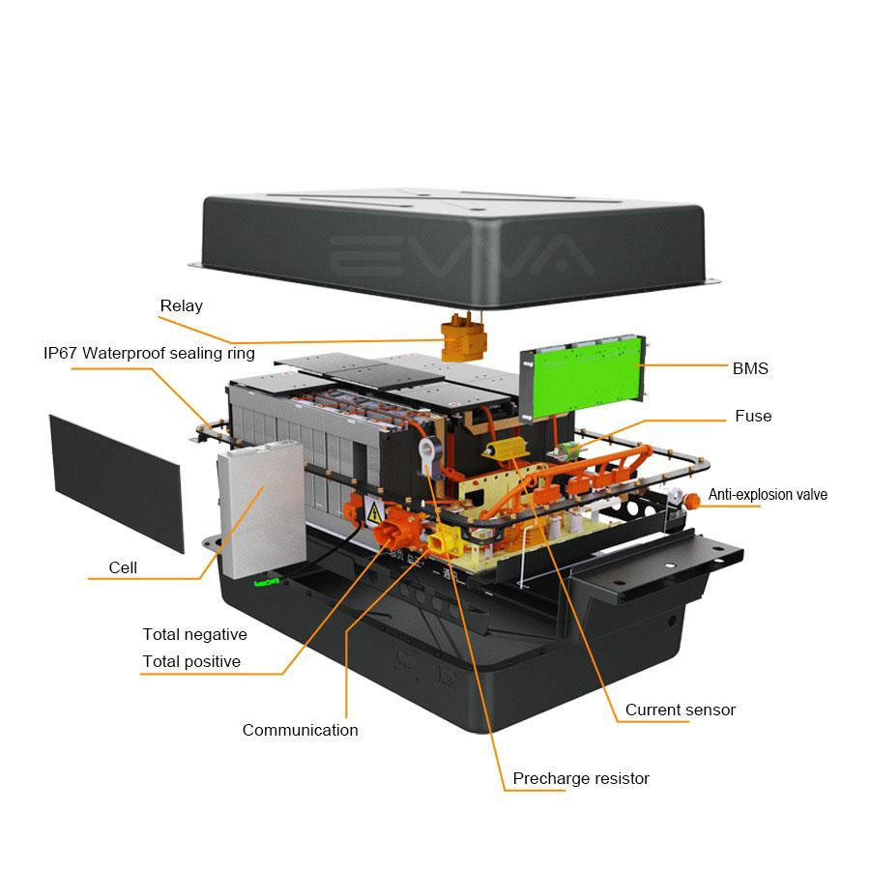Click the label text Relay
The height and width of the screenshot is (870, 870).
tap(181, 306)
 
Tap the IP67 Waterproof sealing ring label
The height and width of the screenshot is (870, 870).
tap(149, 353)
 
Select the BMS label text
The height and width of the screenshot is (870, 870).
tap(750, 368)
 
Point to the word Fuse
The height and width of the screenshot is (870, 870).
tap(753, 416)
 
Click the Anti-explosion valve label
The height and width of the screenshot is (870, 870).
tap(768, 495)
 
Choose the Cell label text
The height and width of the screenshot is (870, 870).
tap(123, 567)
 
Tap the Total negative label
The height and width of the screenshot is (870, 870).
tap(194, 635)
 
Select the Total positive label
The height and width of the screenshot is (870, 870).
tap(191, 662)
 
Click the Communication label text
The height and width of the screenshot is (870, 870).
tap(300, 731)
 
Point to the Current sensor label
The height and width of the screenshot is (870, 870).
tap(680, 710)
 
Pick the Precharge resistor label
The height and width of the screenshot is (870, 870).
tap(581, 779)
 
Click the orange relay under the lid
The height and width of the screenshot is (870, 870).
tap(464, 338)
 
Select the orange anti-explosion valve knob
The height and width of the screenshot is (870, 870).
tap(692, 500)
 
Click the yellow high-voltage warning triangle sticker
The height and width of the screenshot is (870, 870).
tap(372, 511)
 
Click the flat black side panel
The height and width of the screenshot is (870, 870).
tap(116, 482)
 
